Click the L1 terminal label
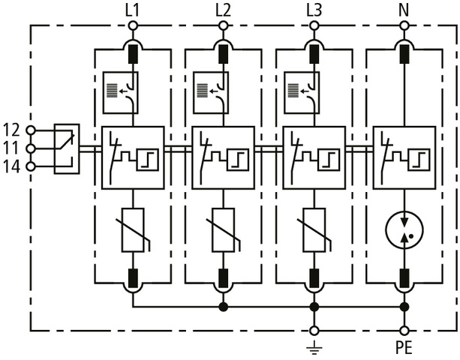click(x=133, y=10)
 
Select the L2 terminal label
click(x=223, y=10)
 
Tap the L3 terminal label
click(x=314, y=10)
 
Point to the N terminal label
click(x=404, y=10)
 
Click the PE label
click(x=404, y=348)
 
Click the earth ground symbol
click(x=314, y=346)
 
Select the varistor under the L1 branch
click(x=133, y=228)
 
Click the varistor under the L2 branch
click(x=223, y=228)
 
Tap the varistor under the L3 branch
click(x=314, y=228)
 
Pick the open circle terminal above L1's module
click(x=133, y=25)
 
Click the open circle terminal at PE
click(x=404, y=330)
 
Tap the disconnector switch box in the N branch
click(x=404, y=157)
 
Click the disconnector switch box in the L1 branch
click(x=133, y=157)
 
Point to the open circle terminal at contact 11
click(x=31, y=148)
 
